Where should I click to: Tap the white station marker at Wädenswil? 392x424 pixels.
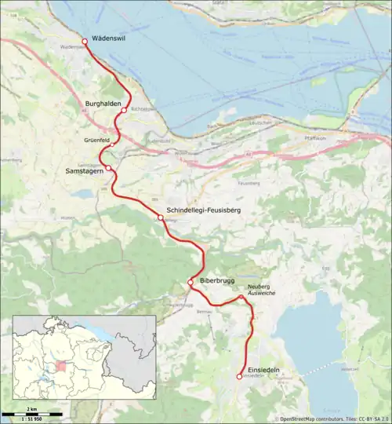[85, 41]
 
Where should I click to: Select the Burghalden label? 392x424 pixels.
[103, 104]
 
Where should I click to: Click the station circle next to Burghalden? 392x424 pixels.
[124, 111]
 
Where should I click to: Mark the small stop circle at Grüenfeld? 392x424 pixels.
[113, 144]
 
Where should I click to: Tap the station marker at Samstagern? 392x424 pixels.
[109, 169]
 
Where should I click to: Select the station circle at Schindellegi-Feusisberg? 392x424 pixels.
[160, 217]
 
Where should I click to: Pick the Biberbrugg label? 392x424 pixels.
[219, 279]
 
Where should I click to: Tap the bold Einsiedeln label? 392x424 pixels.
[261, 370]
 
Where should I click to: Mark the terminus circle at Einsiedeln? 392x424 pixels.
[240, 377]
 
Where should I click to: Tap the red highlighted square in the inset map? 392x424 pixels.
[60, 367]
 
